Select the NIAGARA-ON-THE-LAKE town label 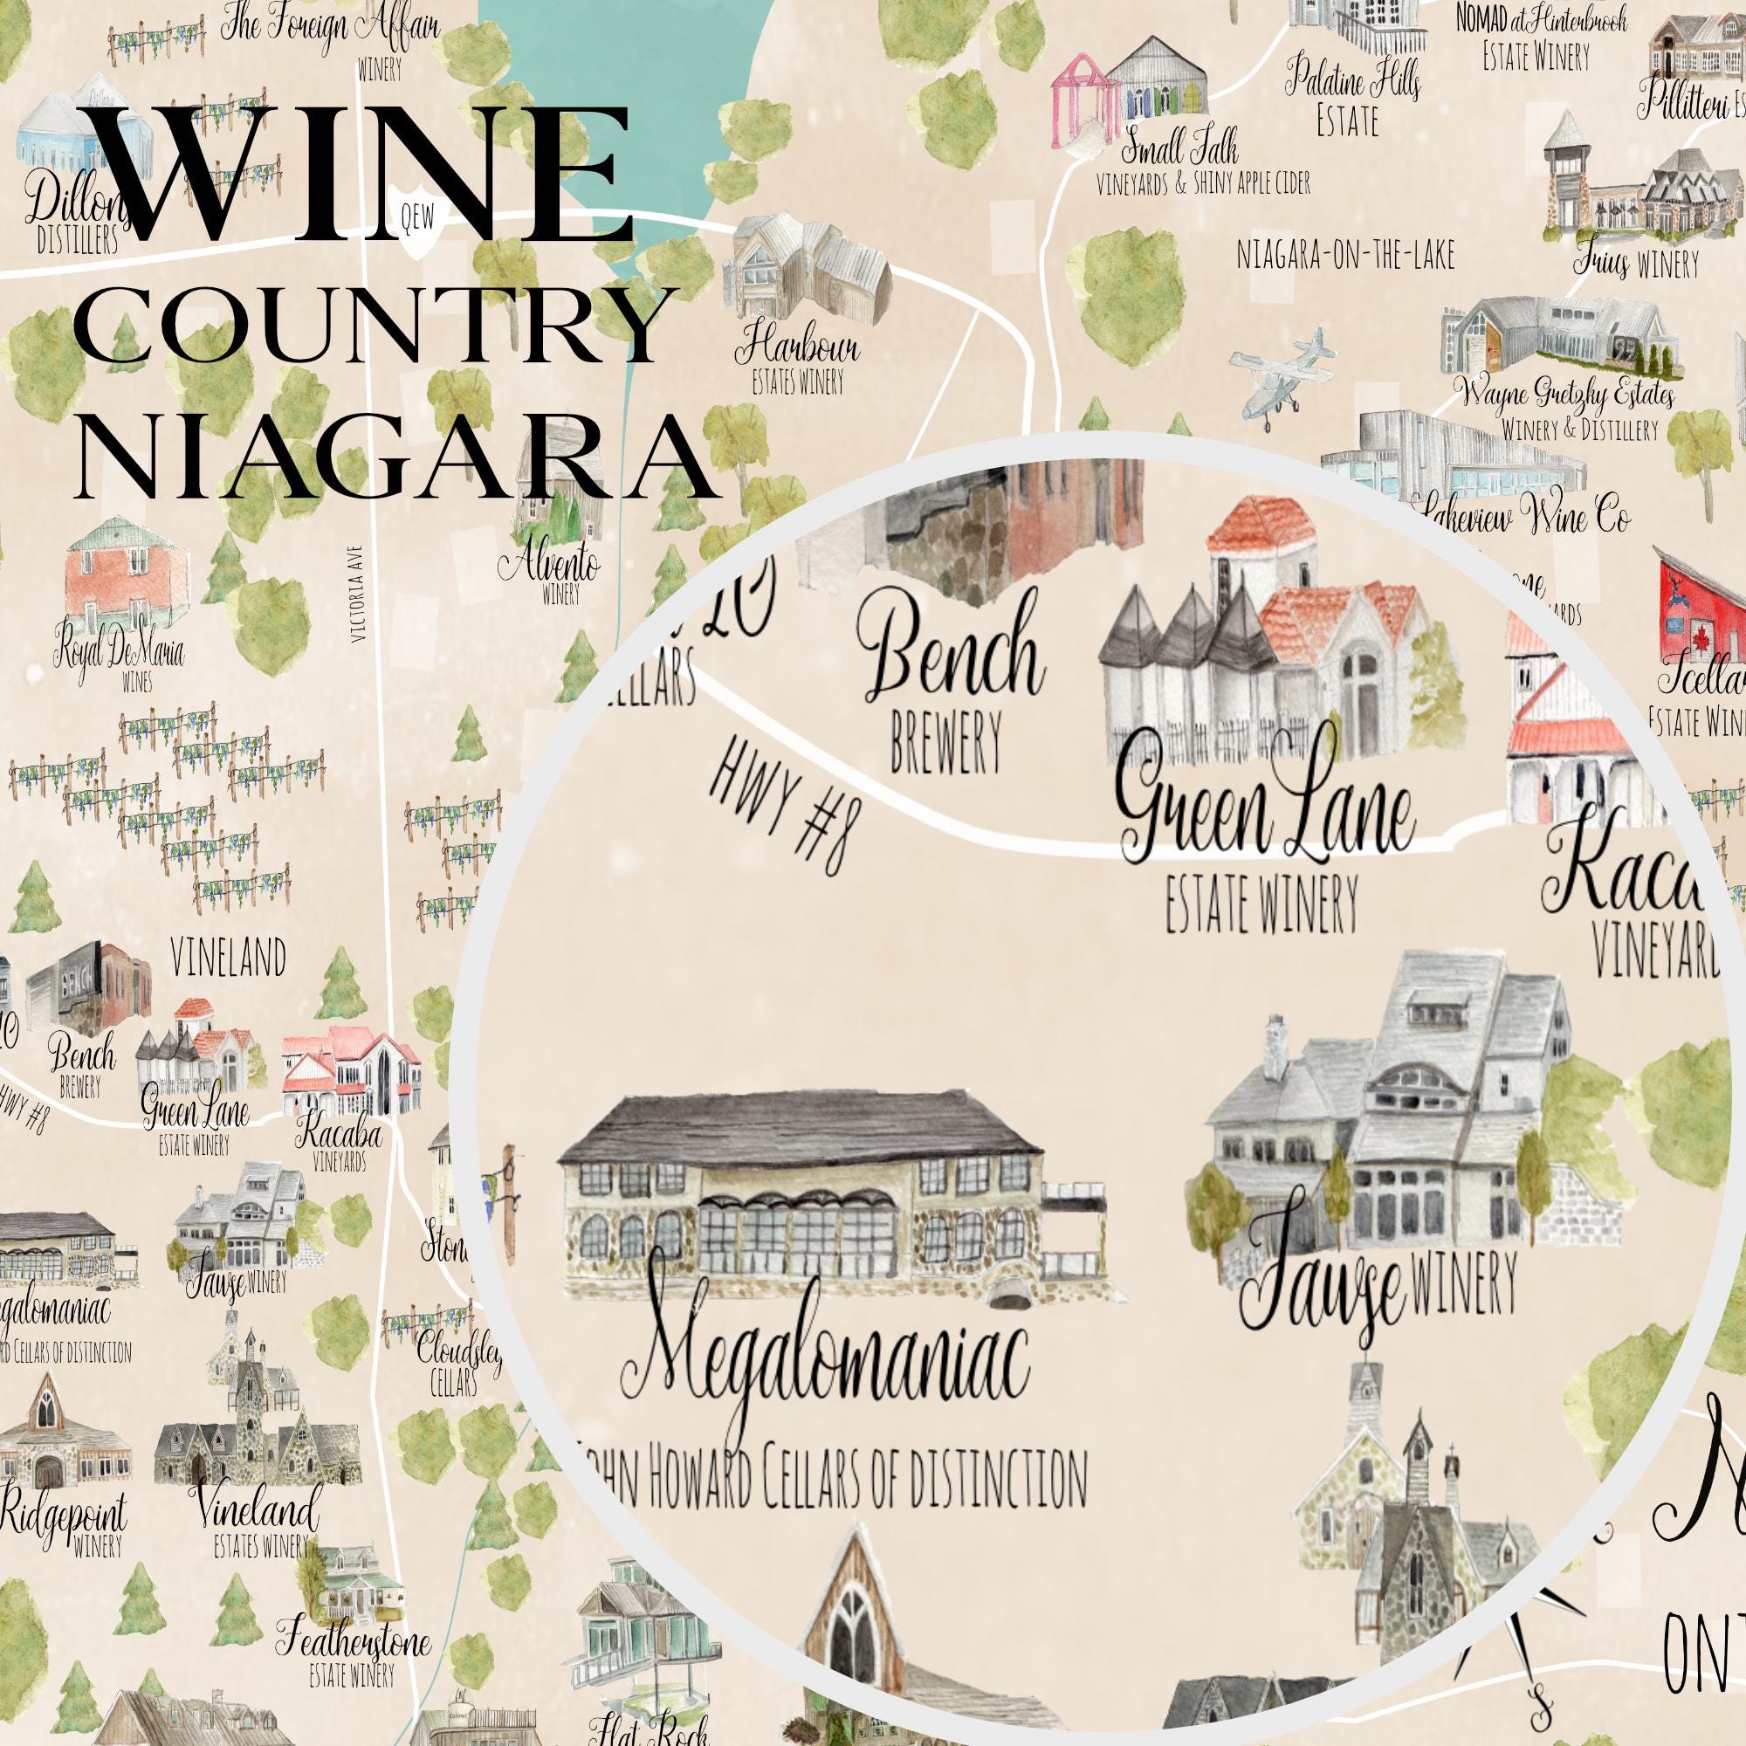tap(1344, 256)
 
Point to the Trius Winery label tap(1636, 264)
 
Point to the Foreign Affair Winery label tap(331, 31)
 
